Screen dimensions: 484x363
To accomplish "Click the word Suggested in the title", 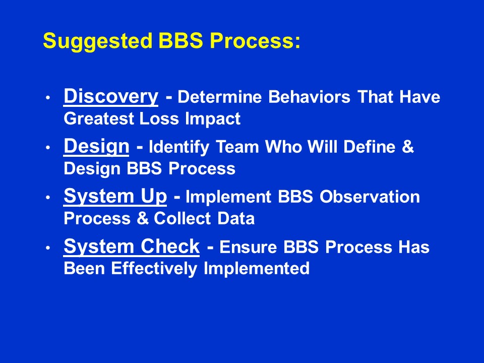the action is coord(98,41).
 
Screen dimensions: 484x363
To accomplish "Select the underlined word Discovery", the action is coord(111,97).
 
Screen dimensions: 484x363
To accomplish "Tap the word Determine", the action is coord(219,97).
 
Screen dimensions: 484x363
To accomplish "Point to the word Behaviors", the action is coord(309,97).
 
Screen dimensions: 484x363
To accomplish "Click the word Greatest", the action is coord(99,119).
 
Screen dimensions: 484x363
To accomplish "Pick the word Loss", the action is coord(159,119).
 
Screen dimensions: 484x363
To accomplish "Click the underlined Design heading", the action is coord(96,147).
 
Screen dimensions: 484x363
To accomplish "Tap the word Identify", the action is coord(179,147).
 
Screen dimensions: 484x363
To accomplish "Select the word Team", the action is coord(237,147).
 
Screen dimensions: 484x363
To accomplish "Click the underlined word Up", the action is coord(154,197).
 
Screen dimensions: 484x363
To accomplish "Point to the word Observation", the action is coord(370,197).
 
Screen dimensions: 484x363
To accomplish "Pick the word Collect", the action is coord(182,218).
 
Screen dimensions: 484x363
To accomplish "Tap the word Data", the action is coord(236,218).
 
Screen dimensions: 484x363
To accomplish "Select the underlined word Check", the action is coord(170,247).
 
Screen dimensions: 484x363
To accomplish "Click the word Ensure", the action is coord(248,247).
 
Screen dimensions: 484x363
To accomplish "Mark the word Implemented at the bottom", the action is coord(257,269).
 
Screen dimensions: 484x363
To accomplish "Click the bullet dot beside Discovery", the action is coord(47,97).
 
